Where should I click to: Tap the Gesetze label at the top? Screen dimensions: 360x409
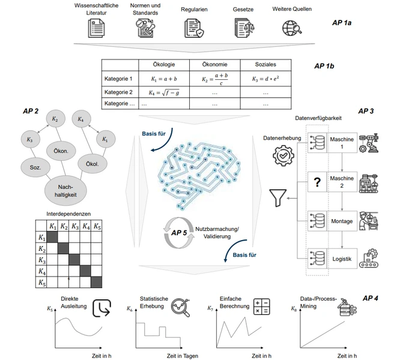pyautogui.click(x=243, y=10)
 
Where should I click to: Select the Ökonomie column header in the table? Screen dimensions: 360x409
pyautogui.click(x=214, y=64)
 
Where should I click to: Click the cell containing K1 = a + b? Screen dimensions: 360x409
pyautogui.click(x=164, y=79)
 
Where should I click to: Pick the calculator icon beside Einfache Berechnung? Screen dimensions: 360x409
pyautogui.click(x=261, y=307)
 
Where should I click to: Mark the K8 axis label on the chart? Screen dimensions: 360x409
pyautogui.click(x=293, y=309)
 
